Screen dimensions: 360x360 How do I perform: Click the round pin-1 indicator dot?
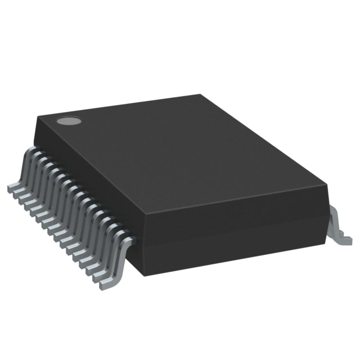(69, 120)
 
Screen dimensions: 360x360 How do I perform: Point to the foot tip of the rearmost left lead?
(10, 186)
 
